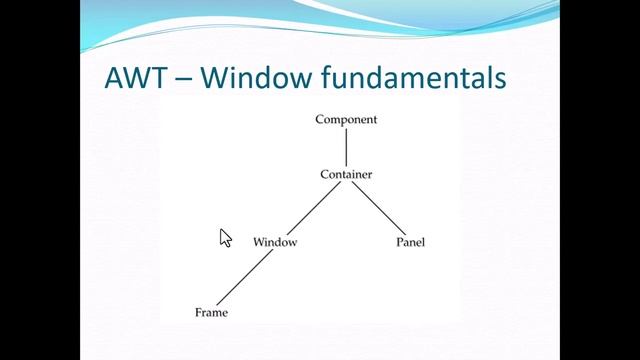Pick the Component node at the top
click(346, 120)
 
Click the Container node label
click(346, 175)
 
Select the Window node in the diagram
click(275, 242)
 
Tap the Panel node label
click(410, 242)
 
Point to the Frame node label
click(211, 313)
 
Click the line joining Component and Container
click(346, 147)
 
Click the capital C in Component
click(320, 120)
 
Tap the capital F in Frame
click(198, 313)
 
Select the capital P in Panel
click(399, 242)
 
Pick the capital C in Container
click(324, 175)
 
